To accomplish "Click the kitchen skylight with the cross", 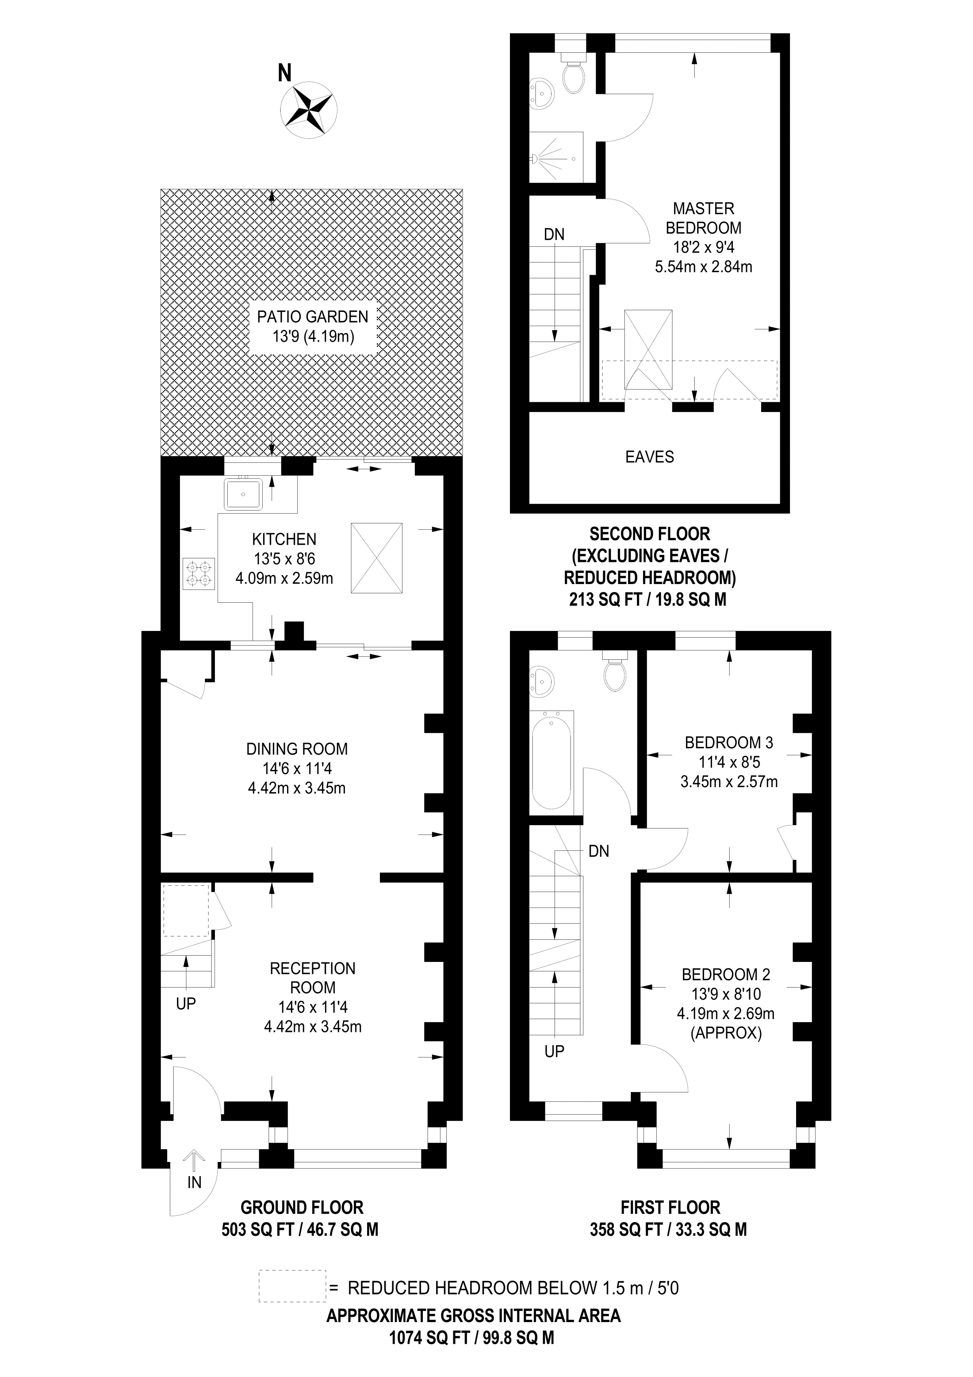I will coord(376,558).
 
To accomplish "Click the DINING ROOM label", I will coord(297,749).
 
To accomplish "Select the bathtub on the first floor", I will coord(552,760).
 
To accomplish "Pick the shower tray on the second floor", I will coord(556,157).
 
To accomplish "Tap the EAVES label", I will coord(649,457).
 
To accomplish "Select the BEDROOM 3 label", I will coord(728,742).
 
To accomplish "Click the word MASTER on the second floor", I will coord(703,209).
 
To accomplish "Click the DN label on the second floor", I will coord(554,235).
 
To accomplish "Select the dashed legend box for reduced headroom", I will coord(292,1286).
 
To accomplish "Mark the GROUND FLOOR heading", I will coord(302,1207).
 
